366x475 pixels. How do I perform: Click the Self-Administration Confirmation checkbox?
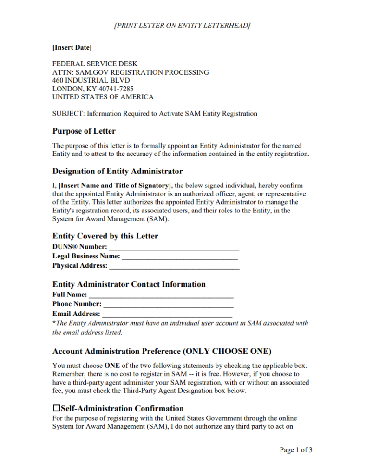[57, 409]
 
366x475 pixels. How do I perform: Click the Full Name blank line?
[161, 295]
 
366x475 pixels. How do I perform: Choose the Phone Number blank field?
[168, 305]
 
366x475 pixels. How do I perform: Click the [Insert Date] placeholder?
[72, 47]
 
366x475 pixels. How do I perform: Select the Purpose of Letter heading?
[84, 131]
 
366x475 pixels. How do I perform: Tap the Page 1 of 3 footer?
[296, 450]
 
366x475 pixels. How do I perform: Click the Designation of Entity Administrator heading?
[118, 171]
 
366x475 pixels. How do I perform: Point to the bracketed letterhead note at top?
[182, 25]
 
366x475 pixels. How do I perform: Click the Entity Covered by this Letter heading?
[105, 236]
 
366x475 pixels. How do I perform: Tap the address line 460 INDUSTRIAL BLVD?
[91, 80]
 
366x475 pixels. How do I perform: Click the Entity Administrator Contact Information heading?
[129, 284]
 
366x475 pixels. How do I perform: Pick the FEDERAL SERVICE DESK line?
[95, 64]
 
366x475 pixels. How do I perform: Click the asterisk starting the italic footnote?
[54, 323]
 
